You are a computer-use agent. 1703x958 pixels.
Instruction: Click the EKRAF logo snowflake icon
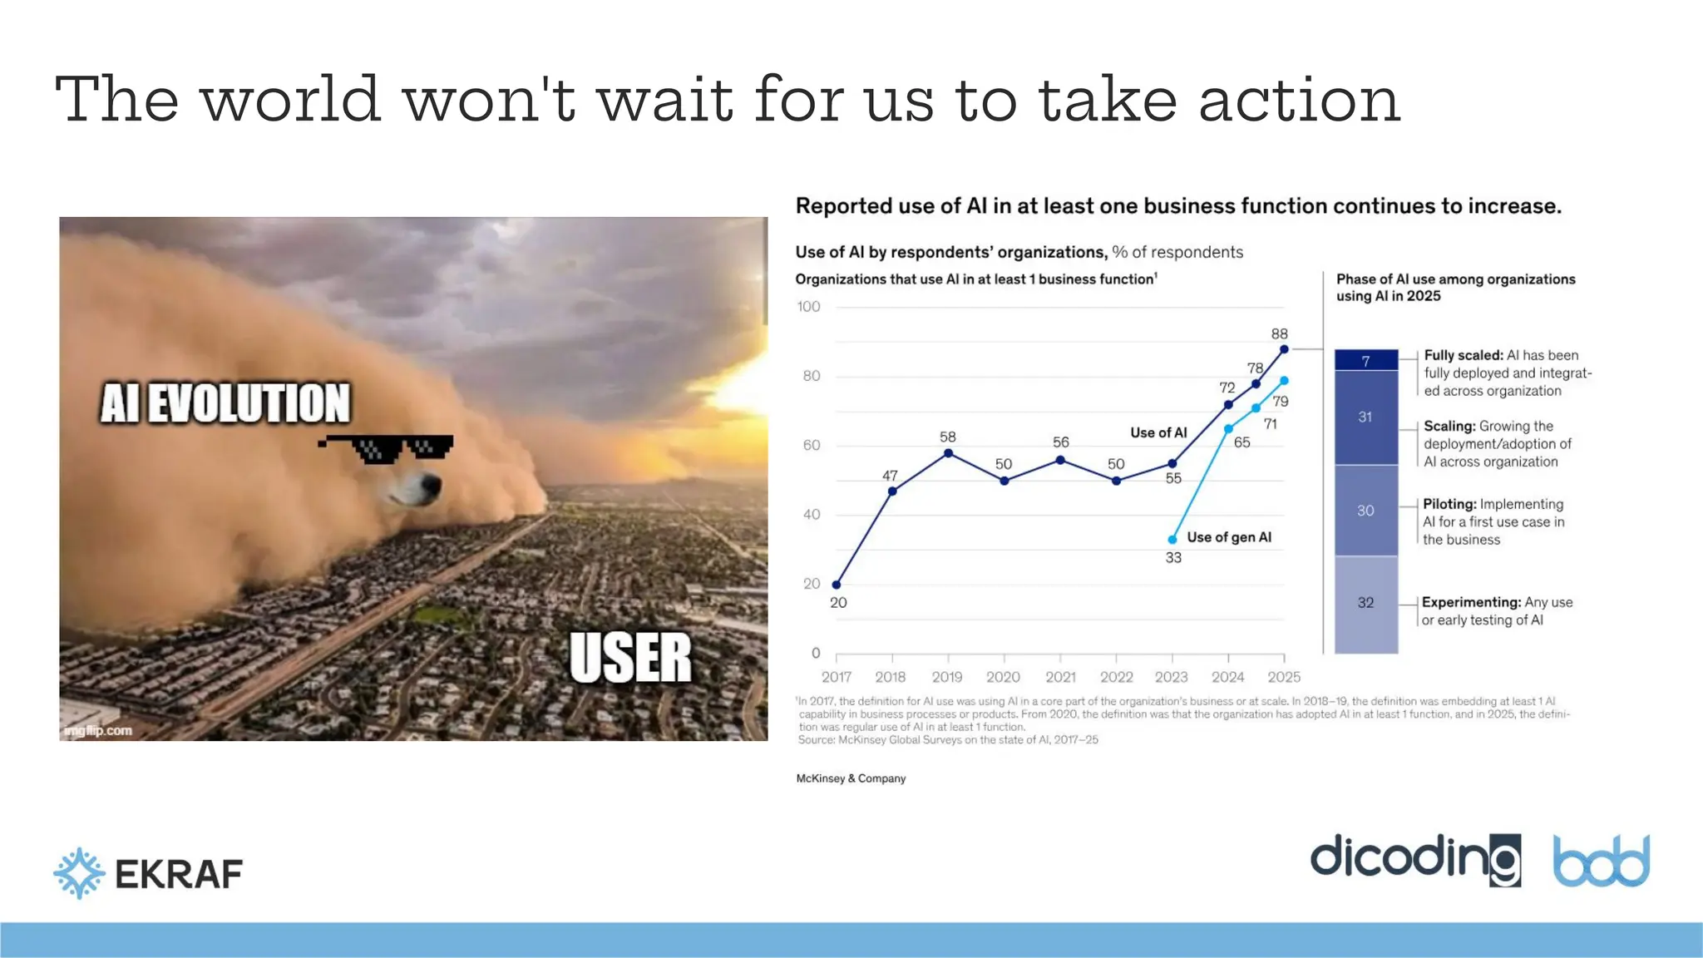click(x=80, y=873)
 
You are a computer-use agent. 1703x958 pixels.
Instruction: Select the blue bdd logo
click(x=1601, y=862)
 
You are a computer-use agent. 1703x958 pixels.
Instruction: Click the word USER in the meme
click(x=630, y=658)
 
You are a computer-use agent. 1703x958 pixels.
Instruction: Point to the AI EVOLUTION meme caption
click(x=225, y=403)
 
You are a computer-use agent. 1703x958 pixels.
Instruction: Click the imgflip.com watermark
click(x=98, y=731)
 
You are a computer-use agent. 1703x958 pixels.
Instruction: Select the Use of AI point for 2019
click(x=948, y=453)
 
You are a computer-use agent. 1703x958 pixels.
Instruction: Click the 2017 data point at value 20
click(x=837, y=585)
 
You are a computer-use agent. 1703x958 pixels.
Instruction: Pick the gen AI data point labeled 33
click(x=1172, y=540)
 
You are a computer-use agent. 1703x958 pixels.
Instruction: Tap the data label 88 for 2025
click(x=1279, y=334)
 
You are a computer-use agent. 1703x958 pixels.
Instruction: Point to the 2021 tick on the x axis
click(x=1060, y=677)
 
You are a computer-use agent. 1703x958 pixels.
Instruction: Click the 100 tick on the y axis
click(x=808, y=307)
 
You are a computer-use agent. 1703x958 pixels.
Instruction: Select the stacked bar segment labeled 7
click(x=1365, y=361)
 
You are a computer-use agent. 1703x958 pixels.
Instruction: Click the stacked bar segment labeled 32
click(x=1365, y=603)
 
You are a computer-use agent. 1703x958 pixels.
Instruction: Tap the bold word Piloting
click(x=1449, y=504)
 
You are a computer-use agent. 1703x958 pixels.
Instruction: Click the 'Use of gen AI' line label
click(x=1229, y=537)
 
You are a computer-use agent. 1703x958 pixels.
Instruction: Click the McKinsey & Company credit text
click(x=851, y=778)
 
